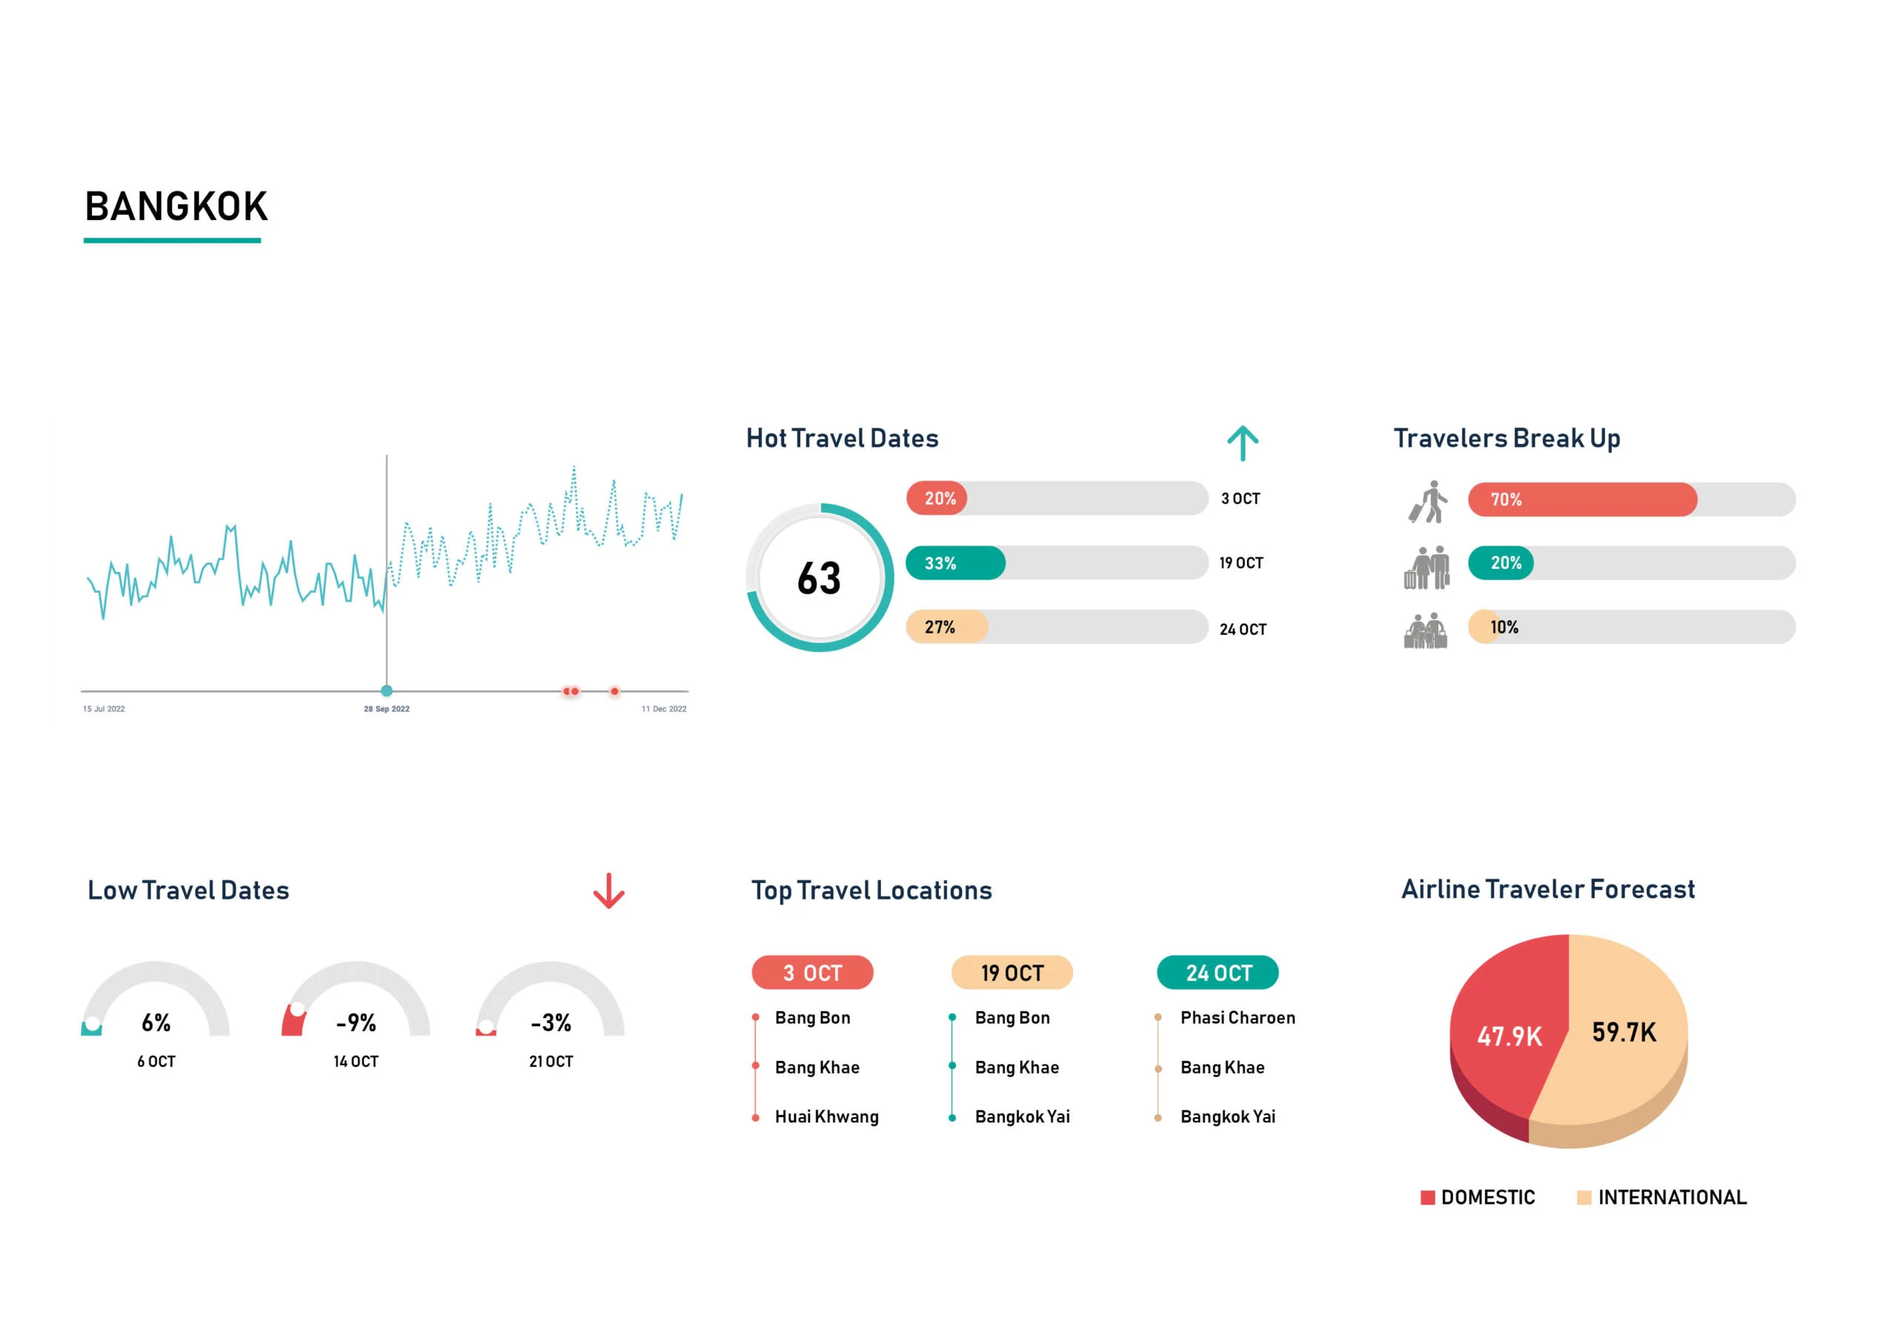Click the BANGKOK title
tap(176, 207)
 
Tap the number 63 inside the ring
tap(819, 579)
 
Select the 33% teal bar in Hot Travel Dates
tap(955, 562)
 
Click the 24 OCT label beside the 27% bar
tap(1243, 630)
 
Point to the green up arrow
tap(1242, 443)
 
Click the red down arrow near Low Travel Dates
tap(609, 891)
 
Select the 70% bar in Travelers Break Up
tap(1581, 499)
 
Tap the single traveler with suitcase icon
tap(1428, 502)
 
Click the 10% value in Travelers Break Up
tap(1504, 627)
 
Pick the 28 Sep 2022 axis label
tap(387, 709)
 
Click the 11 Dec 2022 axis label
tap(663, 709)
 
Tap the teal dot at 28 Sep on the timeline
tap(387, 691)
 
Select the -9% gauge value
tap(356, 1023)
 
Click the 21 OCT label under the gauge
tap(551, 1062)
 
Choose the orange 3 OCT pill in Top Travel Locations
tap(812, 973)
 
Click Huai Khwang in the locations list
tap(826, 1117)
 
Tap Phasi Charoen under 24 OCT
tap(1237, 1018)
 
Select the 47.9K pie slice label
tap(1509, 1036)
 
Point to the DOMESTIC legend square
tap(1427, 1197)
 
